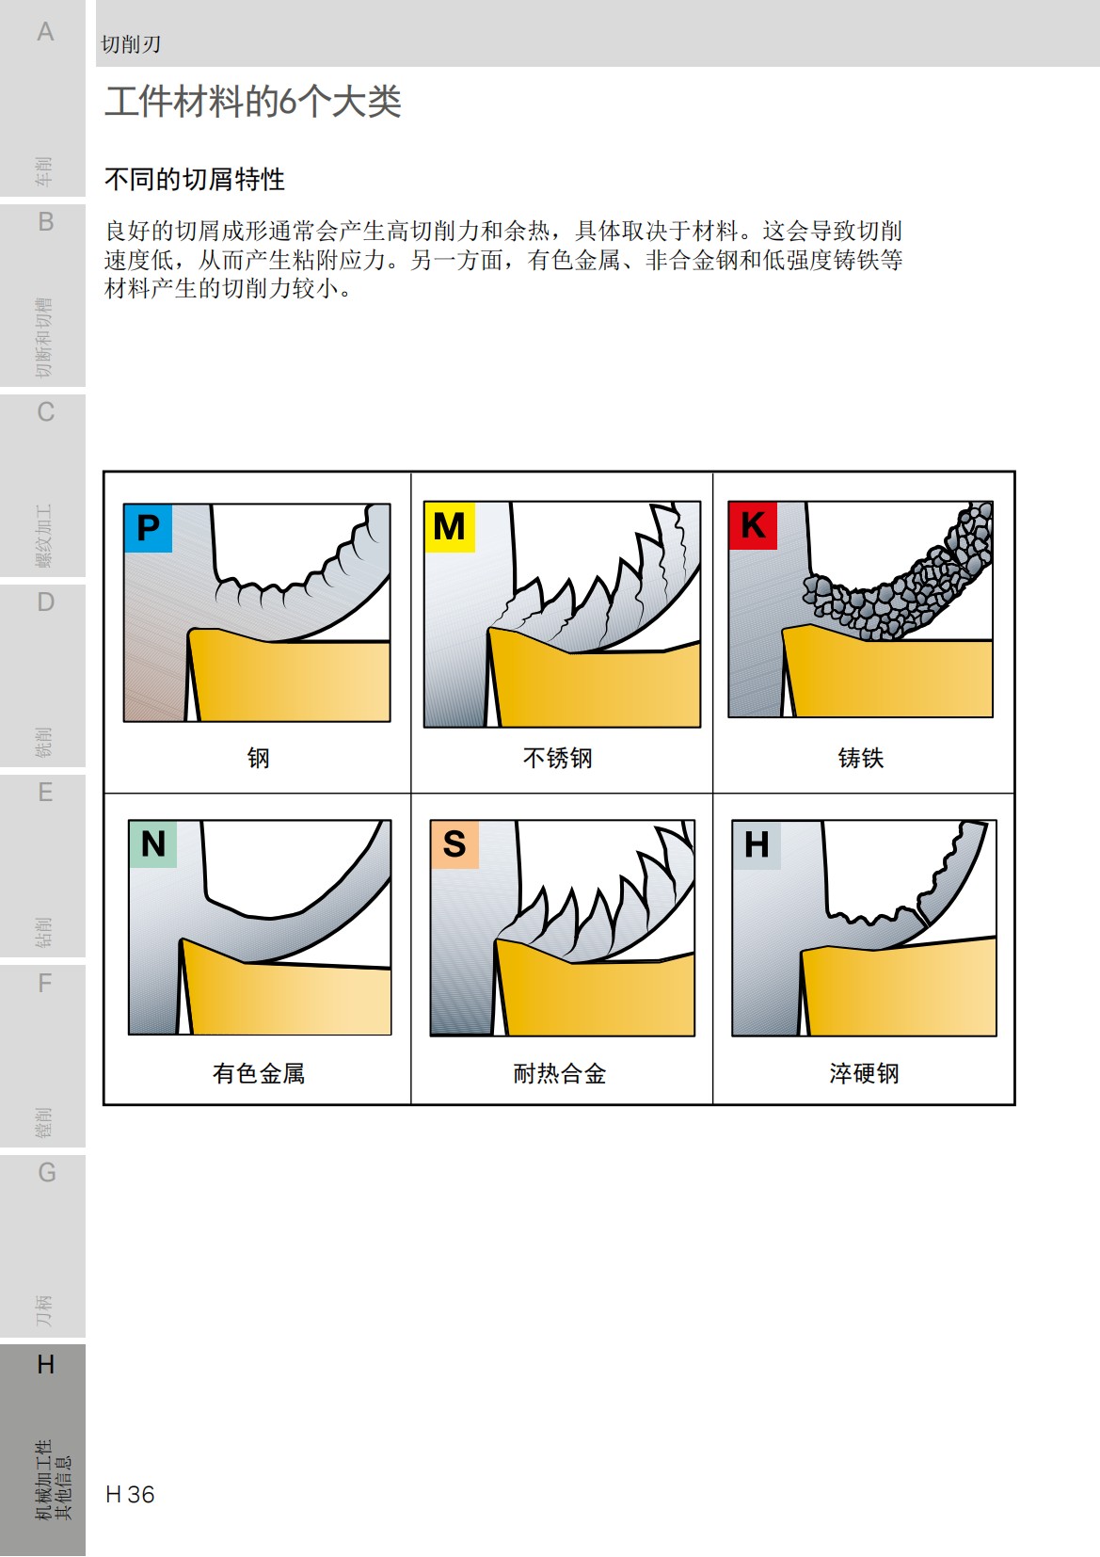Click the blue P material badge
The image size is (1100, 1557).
(148, 528)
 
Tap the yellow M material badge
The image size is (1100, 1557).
(449, 526)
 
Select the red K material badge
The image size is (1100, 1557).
(753, 525)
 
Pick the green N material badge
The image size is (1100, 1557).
(153, 843)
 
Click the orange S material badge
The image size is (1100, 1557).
(454, 843)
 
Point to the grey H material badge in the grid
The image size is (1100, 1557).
(757, 844)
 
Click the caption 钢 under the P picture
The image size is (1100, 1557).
(258, 758)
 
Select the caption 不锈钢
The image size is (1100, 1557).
(557, 758)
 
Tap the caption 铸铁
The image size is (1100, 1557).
(860, 758)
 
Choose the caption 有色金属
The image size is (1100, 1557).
(258, 1073)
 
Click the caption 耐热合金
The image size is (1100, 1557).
(559, 1073)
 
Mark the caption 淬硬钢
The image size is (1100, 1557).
(863, 1073)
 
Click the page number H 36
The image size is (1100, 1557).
(130, 1495)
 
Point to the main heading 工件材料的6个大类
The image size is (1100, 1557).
(252, 102)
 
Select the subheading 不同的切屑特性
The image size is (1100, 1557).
(195, 179)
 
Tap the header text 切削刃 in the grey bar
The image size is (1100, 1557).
(131, 44)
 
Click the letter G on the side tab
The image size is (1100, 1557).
(46, 1173)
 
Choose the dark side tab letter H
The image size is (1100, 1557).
(45, 1364)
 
